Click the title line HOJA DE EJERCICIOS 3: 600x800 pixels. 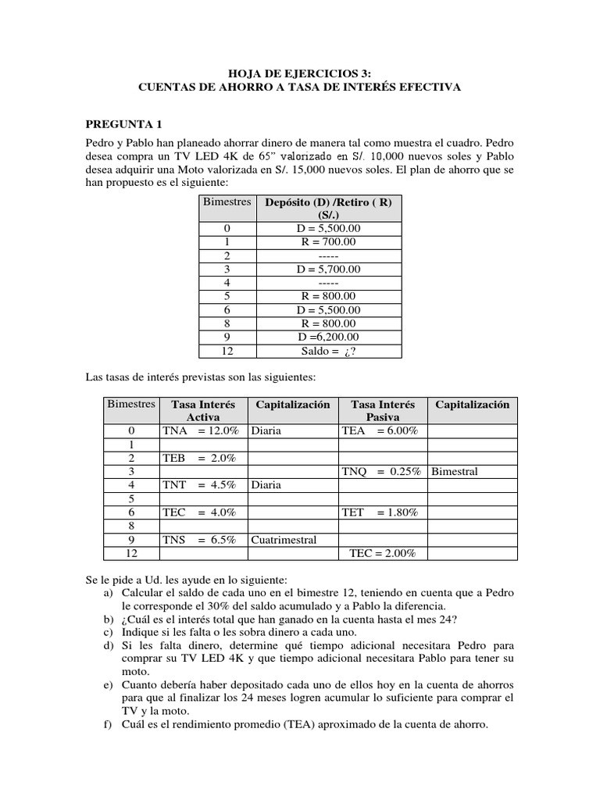tap(300, 73)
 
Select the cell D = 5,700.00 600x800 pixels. tap(328, 269)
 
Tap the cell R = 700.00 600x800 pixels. tap(328, 242)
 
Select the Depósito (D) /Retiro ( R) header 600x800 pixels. tap(328, 208)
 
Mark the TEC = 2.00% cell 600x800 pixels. tap(382, 553)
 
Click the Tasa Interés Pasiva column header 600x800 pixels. tap(382, 411)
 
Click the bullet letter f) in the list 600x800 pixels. tap(108, 724)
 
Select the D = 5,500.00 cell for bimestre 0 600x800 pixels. tap(328, 228)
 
